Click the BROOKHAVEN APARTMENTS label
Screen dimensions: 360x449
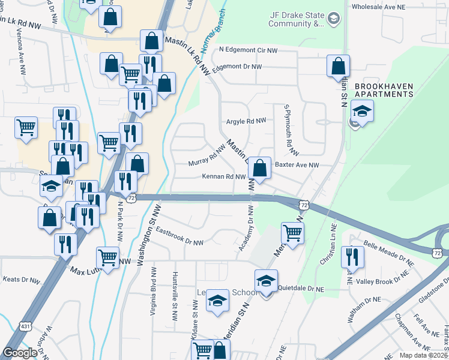click(384, 90)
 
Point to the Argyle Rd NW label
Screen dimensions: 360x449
click(246, 121)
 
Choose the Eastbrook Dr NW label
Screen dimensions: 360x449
click(179, 237)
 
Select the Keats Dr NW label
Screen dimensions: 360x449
click(21, 279)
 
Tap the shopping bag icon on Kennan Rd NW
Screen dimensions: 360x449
click(259, 169)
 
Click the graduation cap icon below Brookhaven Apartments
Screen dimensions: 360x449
click(362, 111)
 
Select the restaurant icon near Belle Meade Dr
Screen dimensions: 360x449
click(352, 257)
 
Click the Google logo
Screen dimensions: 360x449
click(20, 352)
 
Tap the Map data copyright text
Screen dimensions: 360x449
click(424, 355)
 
